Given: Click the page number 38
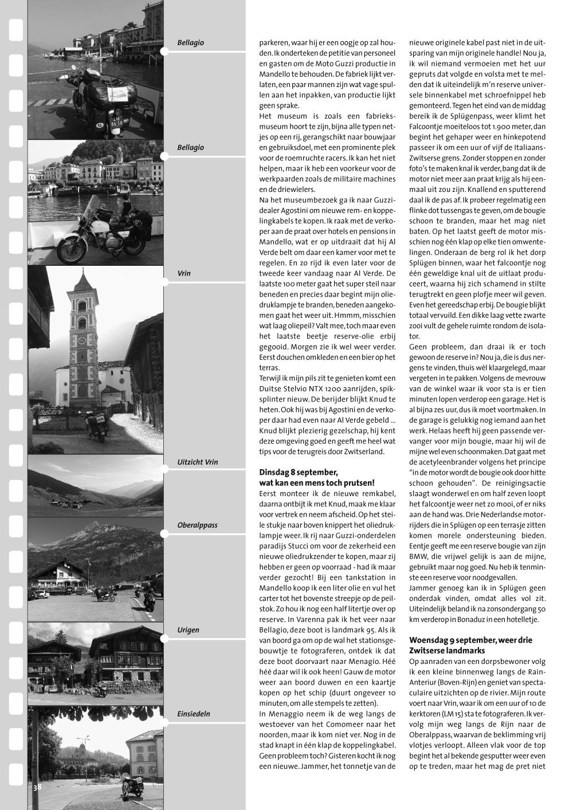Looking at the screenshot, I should (x=37, y=788).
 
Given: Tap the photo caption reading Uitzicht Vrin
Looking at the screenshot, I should (x=198, y=462).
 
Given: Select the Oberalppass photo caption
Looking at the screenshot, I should (x=197, y=525).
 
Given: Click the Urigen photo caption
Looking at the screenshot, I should (x=189, y=630).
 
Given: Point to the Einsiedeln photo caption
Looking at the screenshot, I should (x=194, y=714).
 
